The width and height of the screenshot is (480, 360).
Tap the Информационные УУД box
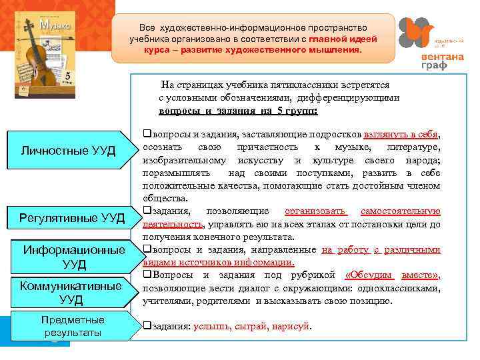pyautogui.click(x=73, y=257)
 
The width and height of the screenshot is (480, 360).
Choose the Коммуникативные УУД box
pyautogui.click(x=71, y=292)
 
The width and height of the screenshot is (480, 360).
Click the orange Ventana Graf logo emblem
pyautogui.click(x=417, y=33)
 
